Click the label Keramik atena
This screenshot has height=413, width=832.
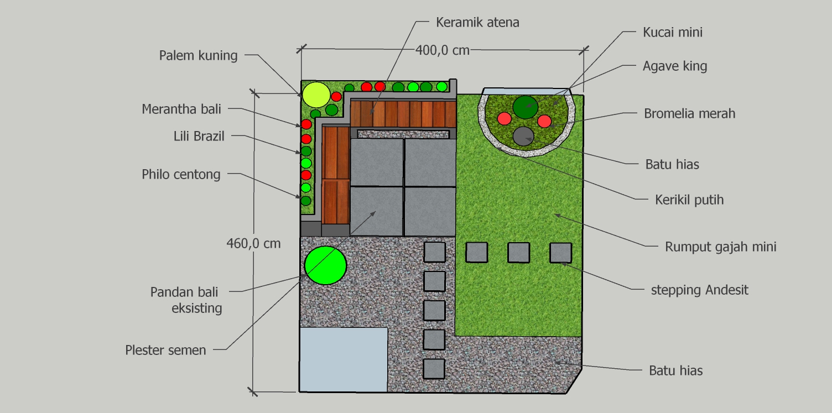477,22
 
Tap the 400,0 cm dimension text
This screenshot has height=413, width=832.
442,50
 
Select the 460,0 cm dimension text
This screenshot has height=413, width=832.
254,243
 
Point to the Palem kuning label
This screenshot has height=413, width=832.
199,56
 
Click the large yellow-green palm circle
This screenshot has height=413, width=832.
316,95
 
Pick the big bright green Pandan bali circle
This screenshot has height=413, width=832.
325,265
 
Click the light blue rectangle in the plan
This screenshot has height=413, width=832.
344,359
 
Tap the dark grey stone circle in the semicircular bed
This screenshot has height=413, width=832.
523,136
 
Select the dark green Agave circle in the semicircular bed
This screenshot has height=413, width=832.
525,107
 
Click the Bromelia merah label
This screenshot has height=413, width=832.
689,113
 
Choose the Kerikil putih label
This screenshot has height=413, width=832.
689,200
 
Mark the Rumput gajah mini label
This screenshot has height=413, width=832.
721,247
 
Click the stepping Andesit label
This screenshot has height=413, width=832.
699,290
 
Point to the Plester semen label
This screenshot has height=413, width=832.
165,351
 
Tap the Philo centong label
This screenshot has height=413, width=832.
181,174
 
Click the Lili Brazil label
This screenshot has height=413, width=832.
199,136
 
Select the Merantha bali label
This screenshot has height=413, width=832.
181,109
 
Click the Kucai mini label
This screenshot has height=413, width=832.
672,32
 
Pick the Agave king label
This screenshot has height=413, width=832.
675,66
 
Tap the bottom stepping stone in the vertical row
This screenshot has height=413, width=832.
434,369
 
